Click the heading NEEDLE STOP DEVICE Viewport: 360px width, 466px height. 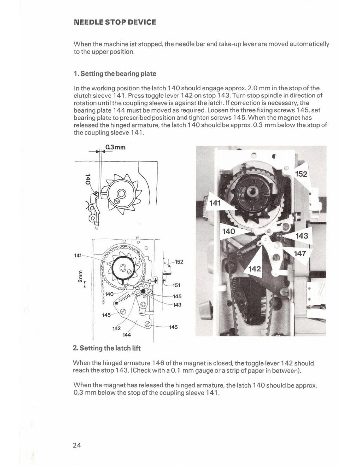point(115,22)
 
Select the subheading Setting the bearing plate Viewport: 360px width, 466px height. point(115,74)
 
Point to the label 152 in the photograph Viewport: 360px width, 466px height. point(301,174)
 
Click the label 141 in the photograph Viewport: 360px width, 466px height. point(215,203)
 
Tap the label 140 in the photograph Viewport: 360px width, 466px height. point(229,232)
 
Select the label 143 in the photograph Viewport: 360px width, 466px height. point(302,236)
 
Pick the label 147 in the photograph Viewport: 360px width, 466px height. point(301,254)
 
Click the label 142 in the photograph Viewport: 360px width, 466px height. point(255,269)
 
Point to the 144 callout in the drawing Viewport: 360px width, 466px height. point(127,335)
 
